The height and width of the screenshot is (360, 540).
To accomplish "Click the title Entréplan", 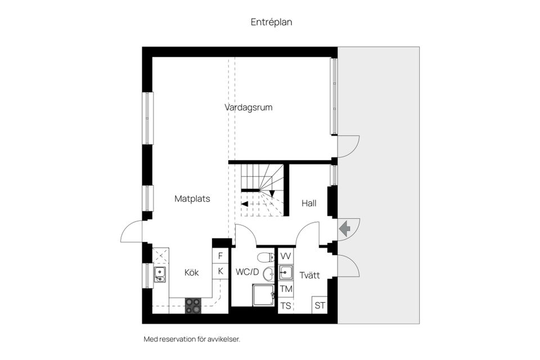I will click(x=271, y=22).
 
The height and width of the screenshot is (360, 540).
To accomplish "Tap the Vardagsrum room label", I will click(x=248, y=107).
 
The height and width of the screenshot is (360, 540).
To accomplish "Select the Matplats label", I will click(x=192, y=199).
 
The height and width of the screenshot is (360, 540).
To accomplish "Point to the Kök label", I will click(x=192, y=273).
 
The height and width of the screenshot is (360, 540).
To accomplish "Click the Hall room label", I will click(x=309, y=203).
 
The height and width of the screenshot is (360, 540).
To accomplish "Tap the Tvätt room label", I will click(x=309, y=275).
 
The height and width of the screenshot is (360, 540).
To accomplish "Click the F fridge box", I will click(x=220, y=256).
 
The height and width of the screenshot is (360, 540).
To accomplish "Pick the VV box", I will click(x=286, y=256).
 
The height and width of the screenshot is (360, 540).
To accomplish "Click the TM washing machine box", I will click(x=286, y=289).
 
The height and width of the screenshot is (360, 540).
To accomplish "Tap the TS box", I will click(x=286, y=305).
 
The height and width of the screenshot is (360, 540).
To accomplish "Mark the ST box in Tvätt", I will click(x=320, y=305).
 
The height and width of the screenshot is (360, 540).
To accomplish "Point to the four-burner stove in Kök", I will click(x=193, y=305).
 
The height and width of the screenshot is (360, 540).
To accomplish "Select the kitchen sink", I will click(x=160, y=274).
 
